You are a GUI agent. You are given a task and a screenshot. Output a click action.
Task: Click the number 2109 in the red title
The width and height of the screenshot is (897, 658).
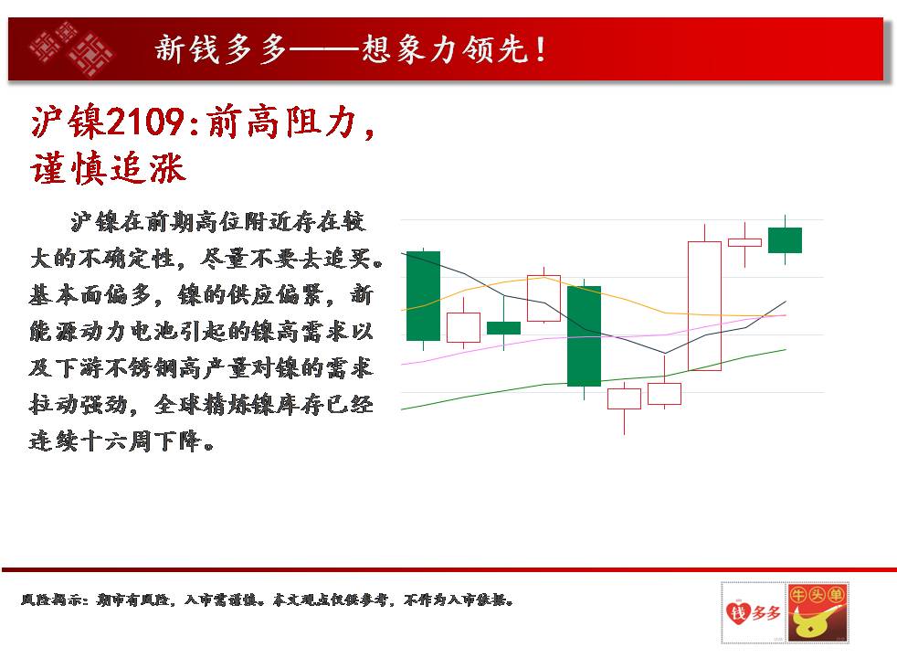(x=145, y=122)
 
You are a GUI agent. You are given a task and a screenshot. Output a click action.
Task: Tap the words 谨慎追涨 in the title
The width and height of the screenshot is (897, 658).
(x=108, y=169)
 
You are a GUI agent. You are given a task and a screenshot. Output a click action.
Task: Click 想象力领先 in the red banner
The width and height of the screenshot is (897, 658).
(x=443, y=48)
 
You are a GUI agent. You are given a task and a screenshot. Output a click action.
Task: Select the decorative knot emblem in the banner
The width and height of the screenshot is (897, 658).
(x=71, y=48)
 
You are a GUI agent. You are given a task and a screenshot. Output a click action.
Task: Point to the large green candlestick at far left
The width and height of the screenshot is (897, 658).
(x=423, y=296)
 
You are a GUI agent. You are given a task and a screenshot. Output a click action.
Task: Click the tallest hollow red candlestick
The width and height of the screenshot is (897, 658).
(x=704, y=305)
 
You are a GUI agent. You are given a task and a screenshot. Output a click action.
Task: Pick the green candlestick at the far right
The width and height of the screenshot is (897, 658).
(x=785, y=239)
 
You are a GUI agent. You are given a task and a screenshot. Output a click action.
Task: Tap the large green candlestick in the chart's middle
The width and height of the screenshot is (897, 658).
(x=584, y=336)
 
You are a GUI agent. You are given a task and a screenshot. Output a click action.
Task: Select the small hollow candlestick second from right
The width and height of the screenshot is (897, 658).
(x=744, y=242)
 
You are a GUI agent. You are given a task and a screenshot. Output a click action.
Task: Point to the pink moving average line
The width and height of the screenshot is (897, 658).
(x=595, y=337)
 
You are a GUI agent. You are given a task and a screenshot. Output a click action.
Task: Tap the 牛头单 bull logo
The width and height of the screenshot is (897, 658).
(x=818, y=611)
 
